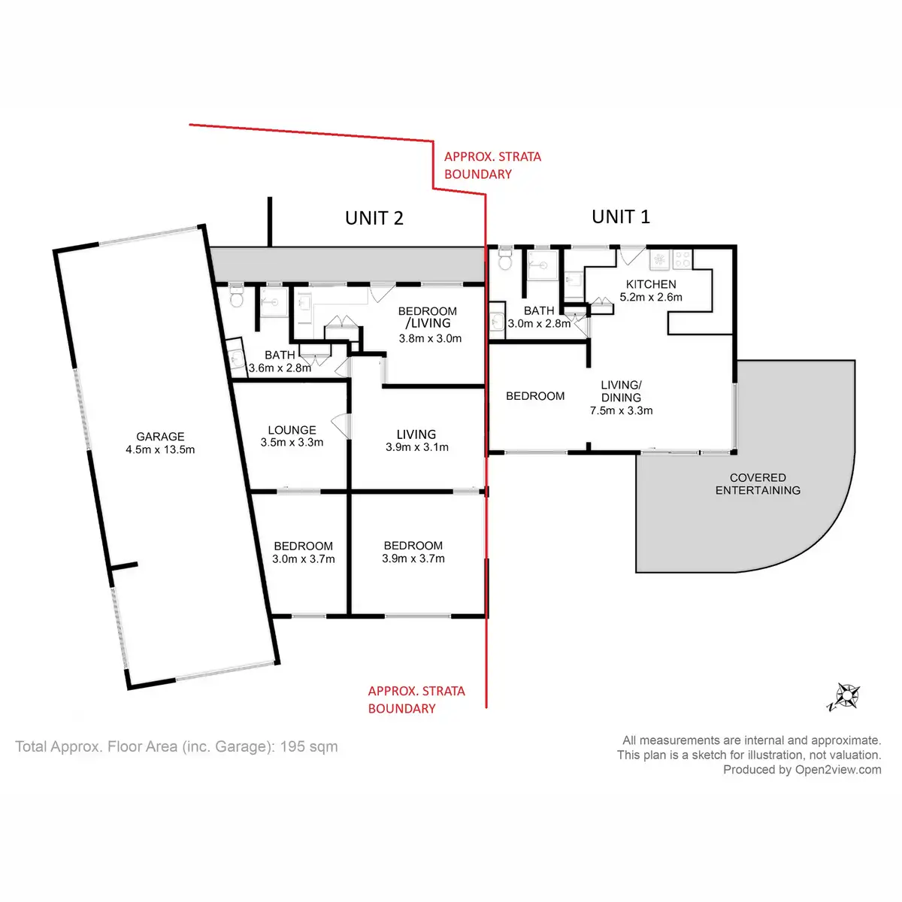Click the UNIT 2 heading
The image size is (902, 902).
(x=374, y=218)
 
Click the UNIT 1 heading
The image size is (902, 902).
(x=620, y=216)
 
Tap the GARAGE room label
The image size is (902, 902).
(x=160, y=436)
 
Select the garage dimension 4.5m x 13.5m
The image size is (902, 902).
(x=160, y=449)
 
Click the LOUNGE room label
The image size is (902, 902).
(x=292, y=430)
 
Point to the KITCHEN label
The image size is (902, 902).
(x=651, y=284)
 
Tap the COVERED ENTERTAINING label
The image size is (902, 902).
(x=758, y=483)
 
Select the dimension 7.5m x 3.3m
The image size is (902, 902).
(x=621, y=410)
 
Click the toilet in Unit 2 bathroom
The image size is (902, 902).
(x=237, y=297)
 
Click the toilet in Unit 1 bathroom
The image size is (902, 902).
(x=504, y=259)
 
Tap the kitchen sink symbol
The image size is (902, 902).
(x=659, y=260)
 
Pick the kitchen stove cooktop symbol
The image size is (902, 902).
(x=683, y=259)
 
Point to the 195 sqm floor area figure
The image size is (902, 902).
(x=308, y=746)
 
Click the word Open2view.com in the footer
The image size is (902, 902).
(x=838, y=770)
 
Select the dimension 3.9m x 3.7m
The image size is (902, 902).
(x=413, y=558)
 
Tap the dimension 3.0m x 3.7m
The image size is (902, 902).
(x=304, y=559)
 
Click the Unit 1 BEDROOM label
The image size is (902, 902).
(x=535, y=396)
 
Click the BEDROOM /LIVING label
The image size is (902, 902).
(x=427, y=317)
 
